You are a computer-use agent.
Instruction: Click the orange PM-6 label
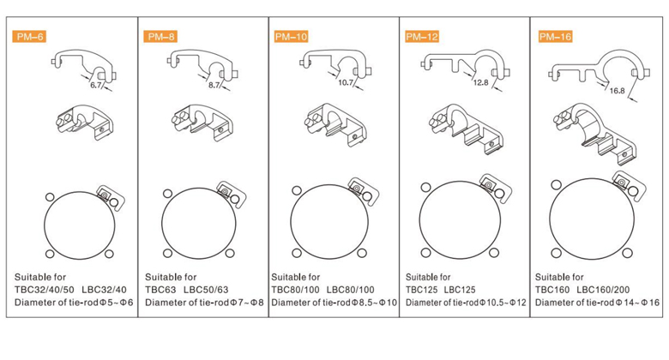[30, 37]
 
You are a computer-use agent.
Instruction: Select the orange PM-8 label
[161, 37]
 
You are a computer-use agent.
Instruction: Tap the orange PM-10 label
[291, 36]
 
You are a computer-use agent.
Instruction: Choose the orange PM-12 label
[422, 36]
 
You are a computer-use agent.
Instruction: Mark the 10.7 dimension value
[347, 83]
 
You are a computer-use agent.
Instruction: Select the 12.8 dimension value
[480, 82]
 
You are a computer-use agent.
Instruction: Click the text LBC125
[462, 290]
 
